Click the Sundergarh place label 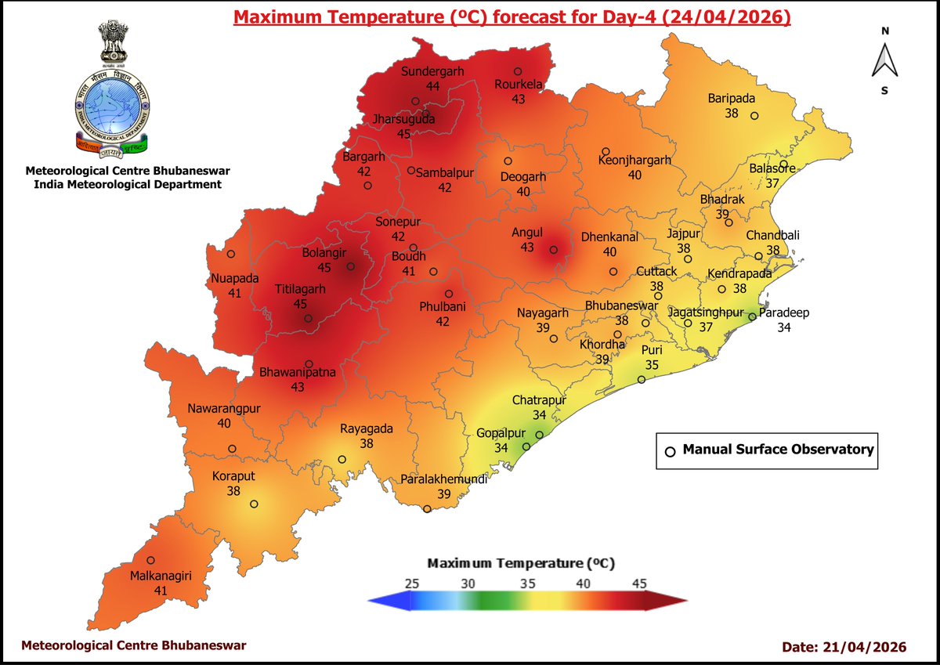(432, 71)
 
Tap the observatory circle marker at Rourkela (517, 71)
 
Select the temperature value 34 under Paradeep (783, 327)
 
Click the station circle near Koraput (254, 504)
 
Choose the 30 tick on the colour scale (468, 583)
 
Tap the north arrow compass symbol (884, 61)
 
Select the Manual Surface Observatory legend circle (669, 451)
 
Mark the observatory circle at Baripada (754, 116)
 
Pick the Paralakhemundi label (443, 479)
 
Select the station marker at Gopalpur (526, 446)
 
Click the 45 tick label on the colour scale (639, 583)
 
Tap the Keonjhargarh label (634, 161)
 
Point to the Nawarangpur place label (223, 409)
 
